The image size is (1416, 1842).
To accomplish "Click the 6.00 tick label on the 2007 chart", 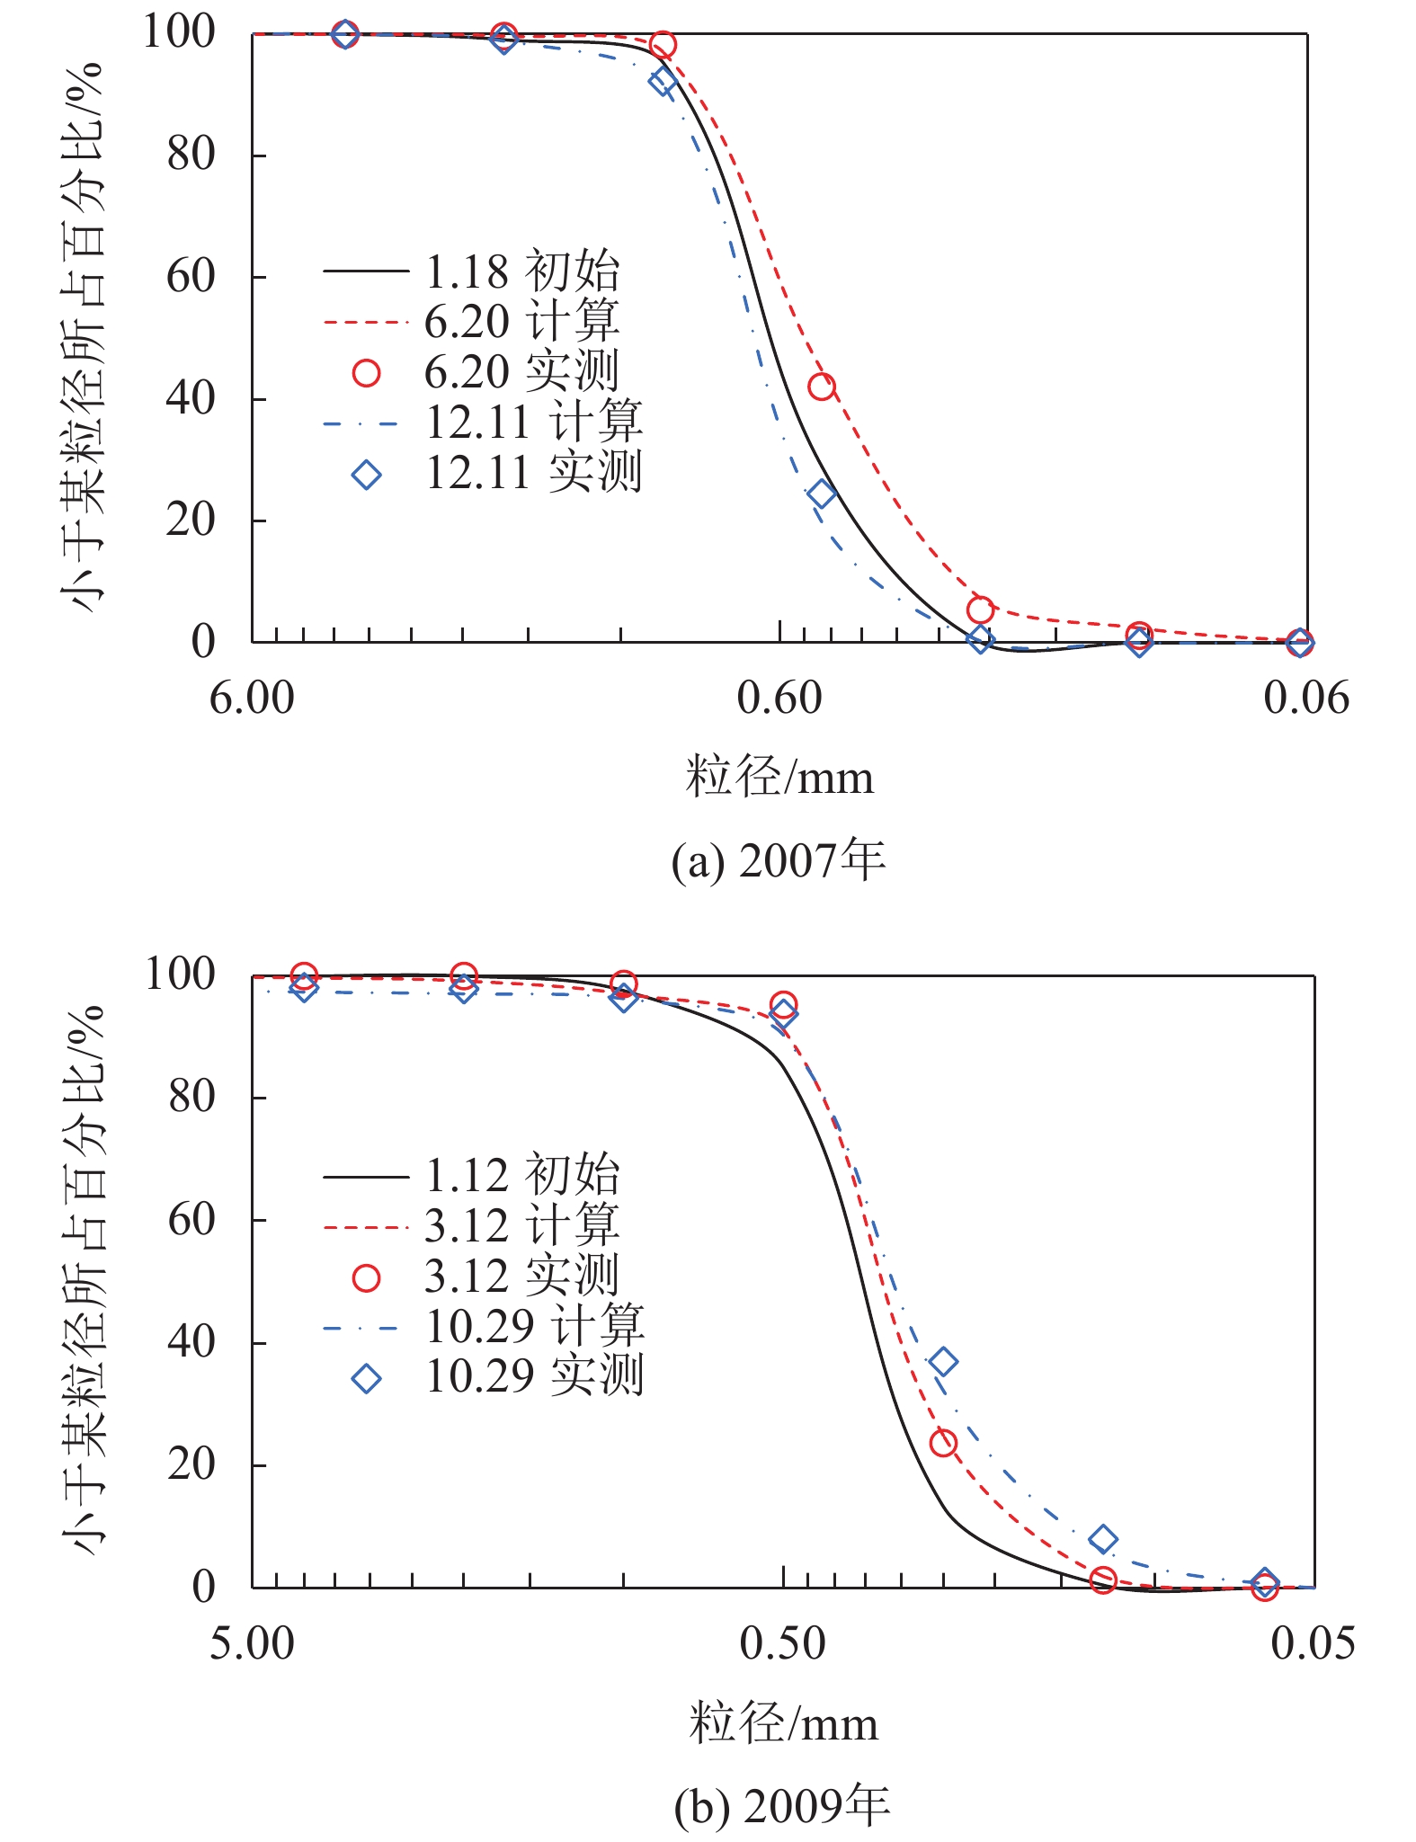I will (252, 699).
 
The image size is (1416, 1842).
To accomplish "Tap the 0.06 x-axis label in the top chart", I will (1305, 699).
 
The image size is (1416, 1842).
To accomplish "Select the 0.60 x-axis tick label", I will (779, 699).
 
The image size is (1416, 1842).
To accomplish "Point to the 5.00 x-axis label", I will (252, 1643).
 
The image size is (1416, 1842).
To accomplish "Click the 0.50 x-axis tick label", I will (782, 1643).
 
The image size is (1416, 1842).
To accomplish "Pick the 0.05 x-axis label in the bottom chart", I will (1312, 1643).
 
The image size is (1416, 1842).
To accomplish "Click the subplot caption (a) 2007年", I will (779, 860).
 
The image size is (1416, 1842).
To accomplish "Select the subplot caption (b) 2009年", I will (782, 1805).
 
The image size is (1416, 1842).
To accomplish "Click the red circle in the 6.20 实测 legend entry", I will (366, 372).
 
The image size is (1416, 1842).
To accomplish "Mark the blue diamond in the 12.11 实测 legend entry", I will (366, 474).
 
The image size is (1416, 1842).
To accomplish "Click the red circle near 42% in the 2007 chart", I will (821, 387).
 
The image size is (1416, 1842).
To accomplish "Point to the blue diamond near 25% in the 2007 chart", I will (821, 494).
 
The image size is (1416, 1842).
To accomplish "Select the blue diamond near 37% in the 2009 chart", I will (942, 1361).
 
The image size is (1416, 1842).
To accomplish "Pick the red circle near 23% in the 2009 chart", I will (942, 1443).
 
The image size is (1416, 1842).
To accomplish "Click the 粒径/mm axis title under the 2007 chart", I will (779, 778).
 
